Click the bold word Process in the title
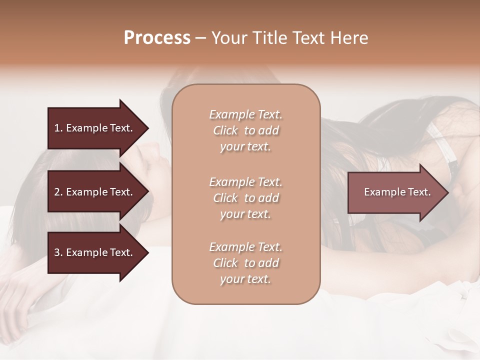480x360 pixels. pyautogui.click(x=157, y=38)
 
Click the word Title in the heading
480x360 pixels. pyautogui.click(x=269, y=38)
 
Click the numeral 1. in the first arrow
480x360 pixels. pyautogui.click(x=58, y=128)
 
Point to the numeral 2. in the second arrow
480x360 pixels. pyautogui.click(x=58, y=192)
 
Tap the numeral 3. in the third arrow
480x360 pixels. pyautogui.click(x=58, y=252)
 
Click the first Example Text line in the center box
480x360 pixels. pyautogui.click(x=245, y=114)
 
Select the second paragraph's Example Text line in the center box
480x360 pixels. pyautogui.click(x=245, y=181)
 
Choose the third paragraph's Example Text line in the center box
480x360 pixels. pyautogui.click(x=245, y=247)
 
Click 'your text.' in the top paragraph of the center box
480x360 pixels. pyautogui.click(x=245, y=147)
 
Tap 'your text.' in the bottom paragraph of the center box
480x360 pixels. pyautogui.click(x=245, y=279)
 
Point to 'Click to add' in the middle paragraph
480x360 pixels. pyautogui.click(x=245, y=198)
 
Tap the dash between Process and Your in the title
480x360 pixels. pyautogui.click(x=200, y=38)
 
